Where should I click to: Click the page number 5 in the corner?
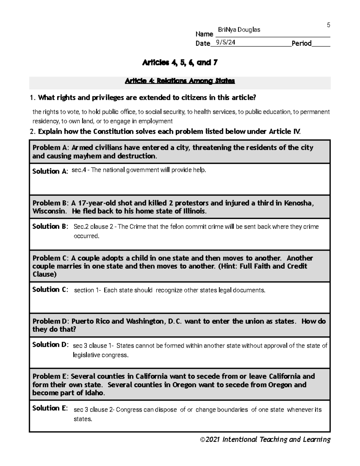coord(328,25)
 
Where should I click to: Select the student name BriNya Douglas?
coord(239,30)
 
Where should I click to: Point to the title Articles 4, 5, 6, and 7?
coord(180,63)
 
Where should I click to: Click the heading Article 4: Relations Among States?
coord(180,81)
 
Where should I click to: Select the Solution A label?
coord(50,171)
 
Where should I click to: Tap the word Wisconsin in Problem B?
coord(49,211)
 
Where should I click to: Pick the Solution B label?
coord(50,227)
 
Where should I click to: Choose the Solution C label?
coord(50,290)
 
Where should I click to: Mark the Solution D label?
coord(50,345)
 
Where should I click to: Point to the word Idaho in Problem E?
coord(94,393)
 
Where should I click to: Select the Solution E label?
coord(50,408)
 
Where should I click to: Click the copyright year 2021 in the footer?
coord(212,440)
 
